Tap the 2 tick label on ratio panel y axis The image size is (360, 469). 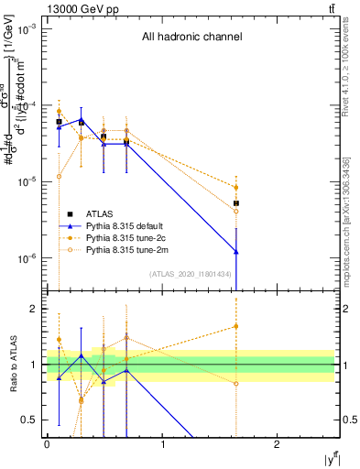(35, 309)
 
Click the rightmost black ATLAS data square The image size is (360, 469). (236, 203)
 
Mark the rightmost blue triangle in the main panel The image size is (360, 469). (236, 251)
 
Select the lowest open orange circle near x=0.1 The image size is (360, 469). (59, 177)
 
